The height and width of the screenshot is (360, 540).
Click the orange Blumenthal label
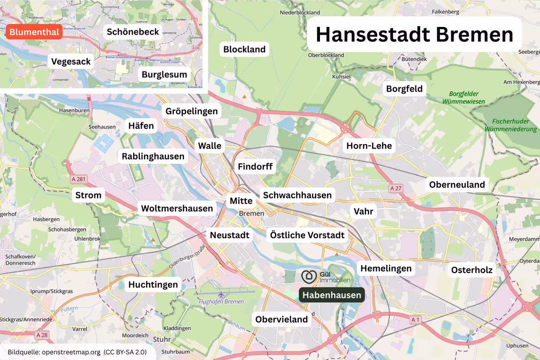tap(34, 32)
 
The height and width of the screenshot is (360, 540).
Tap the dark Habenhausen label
tap(332, 295)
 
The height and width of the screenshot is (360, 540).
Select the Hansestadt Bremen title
tap(414, 35)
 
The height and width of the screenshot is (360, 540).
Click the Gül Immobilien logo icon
tap(309, 276)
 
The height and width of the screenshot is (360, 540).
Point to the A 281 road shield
tap(78, 179)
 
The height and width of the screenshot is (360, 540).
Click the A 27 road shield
tap(396, 188)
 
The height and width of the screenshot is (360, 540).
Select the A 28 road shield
tap(42, 335)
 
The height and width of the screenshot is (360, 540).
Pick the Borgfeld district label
tap(405, 89)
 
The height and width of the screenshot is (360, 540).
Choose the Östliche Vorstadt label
tap(307, 235)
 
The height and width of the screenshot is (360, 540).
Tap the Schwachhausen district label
tap(297, 195)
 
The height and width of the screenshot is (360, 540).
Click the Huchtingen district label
tap(153, 284)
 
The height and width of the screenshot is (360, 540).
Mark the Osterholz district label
tap(472, 270)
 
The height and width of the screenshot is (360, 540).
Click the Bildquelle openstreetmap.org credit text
tap(77, 351)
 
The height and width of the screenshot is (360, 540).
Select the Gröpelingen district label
tap(191, 111)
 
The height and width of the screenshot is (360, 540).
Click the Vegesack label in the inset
tap(71, 61)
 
